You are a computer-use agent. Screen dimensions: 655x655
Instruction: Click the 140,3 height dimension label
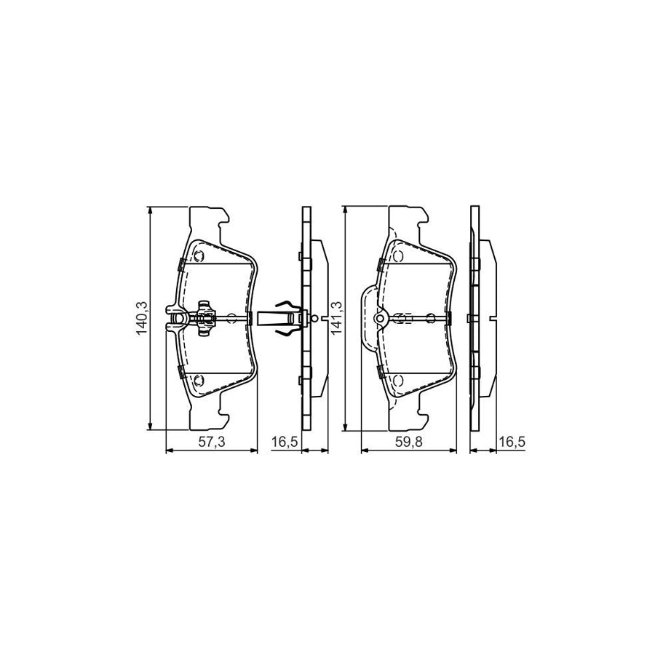pyautogui.click(x=142, y=318)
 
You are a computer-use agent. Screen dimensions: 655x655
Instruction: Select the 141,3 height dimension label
pyautogui.click(x=336, y=318)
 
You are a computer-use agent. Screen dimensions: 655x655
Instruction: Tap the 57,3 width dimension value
pyautogui.click(x=212, y=442)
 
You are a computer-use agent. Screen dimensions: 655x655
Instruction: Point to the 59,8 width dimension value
pyautogui.click(x=408, y=442)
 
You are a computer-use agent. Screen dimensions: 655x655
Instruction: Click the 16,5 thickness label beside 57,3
pyautogui.click(x=282, y=442)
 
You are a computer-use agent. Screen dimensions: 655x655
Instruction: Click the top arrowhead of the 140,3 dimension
pyautogui.click(x=150, y=210)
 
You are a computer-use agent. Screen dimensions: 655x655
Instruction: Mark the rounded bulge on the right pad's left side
pyautogui.click(x=367, y=317)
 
